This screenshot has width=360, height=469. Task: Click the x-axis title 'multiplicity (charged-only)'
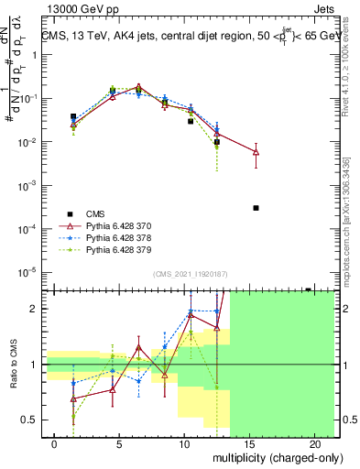point(277,456)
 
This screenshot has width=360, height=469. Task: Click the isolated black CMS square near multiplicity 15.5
point(256,208)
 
